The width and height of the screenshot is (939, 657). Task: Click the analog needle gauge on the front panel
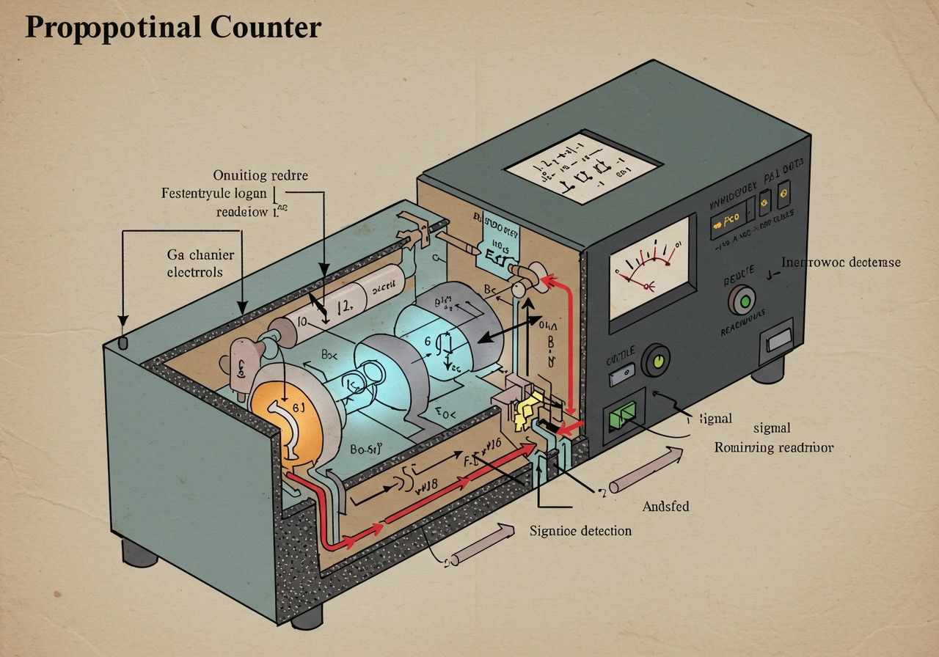click(x=652, y=268)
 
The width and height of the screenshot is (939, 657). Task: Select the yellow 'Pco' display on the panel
click(x=730, y=219)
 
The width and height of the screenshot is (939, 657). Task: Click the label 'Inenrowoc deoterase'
click(x=841, y=262)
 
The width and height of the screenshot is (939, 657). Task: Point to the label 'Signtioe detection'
click(x=580, y=530)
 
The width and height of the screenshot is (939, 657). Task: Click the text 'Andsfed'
click(x=665, y=506)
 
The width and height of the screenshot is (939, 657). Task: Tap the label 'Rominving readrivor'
click(x=774, y=447)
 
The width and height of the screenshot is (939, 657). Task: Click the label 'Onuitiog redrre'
click(x=260, y=176)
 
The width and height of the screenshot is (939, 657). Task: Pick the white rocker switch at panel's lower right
click(x=778, y=339)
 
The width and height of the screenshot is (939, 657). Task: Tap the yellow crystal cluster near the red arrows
click(x=528, y=411)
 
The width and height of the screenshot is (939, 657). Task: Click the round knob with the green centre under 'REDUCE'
click(x=741, y=301)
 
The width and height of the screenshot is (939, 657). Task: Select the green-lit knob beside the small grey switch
click(x=657, y=361)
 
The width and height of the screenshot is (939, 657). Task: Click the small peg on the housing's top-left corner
click(x=123, y=343)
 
